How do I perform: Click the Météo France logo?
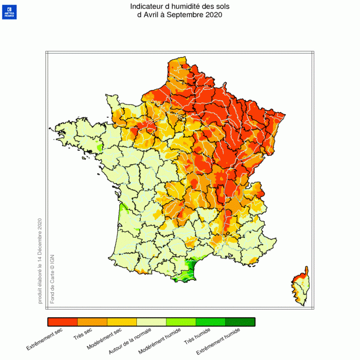point(9,12)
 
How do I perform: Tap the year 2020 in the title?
point(213,14)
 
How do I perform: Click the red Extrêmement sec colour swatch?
point(62,322)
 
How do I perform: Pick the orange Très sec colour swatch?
point(92,322)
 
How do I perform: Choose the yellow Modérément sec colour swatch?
point(122,322)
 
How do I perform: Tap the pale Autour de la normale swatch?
point(151,322)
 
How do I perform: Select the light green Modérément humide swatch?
point(181,322)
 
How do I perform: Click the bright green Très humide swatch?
point(210,322)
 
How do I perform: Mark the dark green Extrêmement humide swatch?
point(240,322)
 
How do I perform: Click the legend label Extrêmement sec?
point(45,339)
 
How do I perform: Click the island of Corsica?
point(299,285)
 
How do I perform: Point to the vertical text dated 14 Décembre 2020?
point(40,260)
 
